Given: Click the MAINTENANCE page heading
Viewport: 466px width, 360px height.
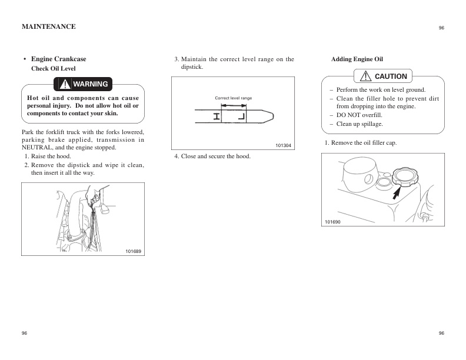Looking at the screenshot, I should click(48, 26).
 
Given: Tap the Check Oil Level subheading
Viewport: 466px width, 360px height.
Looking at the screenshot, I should click(53, 69).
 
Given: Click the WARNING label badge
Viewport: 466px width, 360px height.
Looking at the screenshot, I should click(84, 84).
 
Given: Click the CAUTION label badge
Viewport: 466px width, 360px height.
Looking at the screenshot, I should click(384, 76).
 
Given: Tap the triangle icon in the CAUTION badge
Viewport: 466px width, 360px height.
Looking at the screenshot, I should click(365, 76).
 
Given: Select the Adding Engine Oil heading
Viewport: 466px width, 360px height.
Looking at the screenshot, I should click(357, 59).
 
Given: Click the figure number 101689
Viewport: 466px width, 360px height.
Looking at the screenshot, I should click(133, 251).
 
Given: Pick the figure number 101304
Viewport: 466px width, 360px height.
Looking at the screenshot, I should click(283, 145).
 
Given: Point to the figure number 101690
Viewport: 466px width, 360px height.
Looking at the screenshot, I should click(332, 221).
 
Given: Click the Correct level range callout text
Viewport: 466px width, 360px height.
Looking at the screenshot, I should click(233, 98).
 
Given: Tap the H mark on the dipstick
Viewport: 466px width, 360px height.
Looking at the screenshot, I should click(218, 116).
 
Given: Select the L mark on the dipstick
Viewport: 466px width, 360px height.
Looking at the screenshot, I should click(242, 116).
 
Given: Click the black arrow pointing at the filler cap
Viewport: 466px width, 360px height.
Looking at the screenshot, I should click(398, 192).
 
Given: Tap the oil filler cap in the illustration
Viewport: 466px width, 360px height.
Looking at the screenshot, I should click(405, 175).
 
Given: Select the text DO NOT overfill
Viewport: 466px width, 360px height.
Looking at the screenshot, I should click(359, 115).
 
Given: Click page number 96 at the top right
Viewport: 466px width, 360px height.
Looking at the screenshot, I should click(441, 28).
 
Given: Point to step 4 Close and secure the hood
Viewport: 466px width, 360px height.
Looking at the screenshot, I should click(212, 156).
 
